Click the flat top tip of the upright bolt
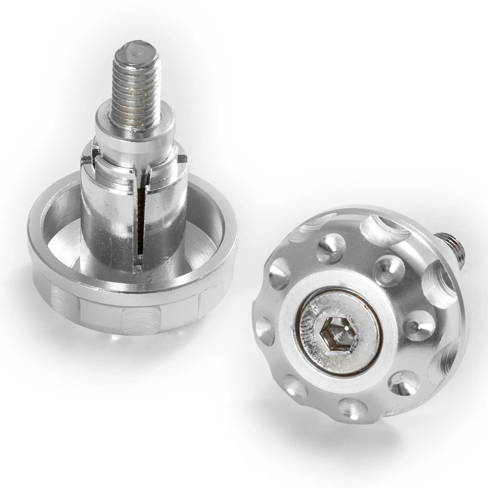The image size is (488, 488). point(136,50)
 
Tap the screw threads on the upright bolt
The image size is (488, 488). point(136,92)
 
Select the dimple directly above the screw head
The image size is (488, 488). point(331,248)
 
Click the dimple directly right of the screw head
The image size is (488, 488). point(419,325)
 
